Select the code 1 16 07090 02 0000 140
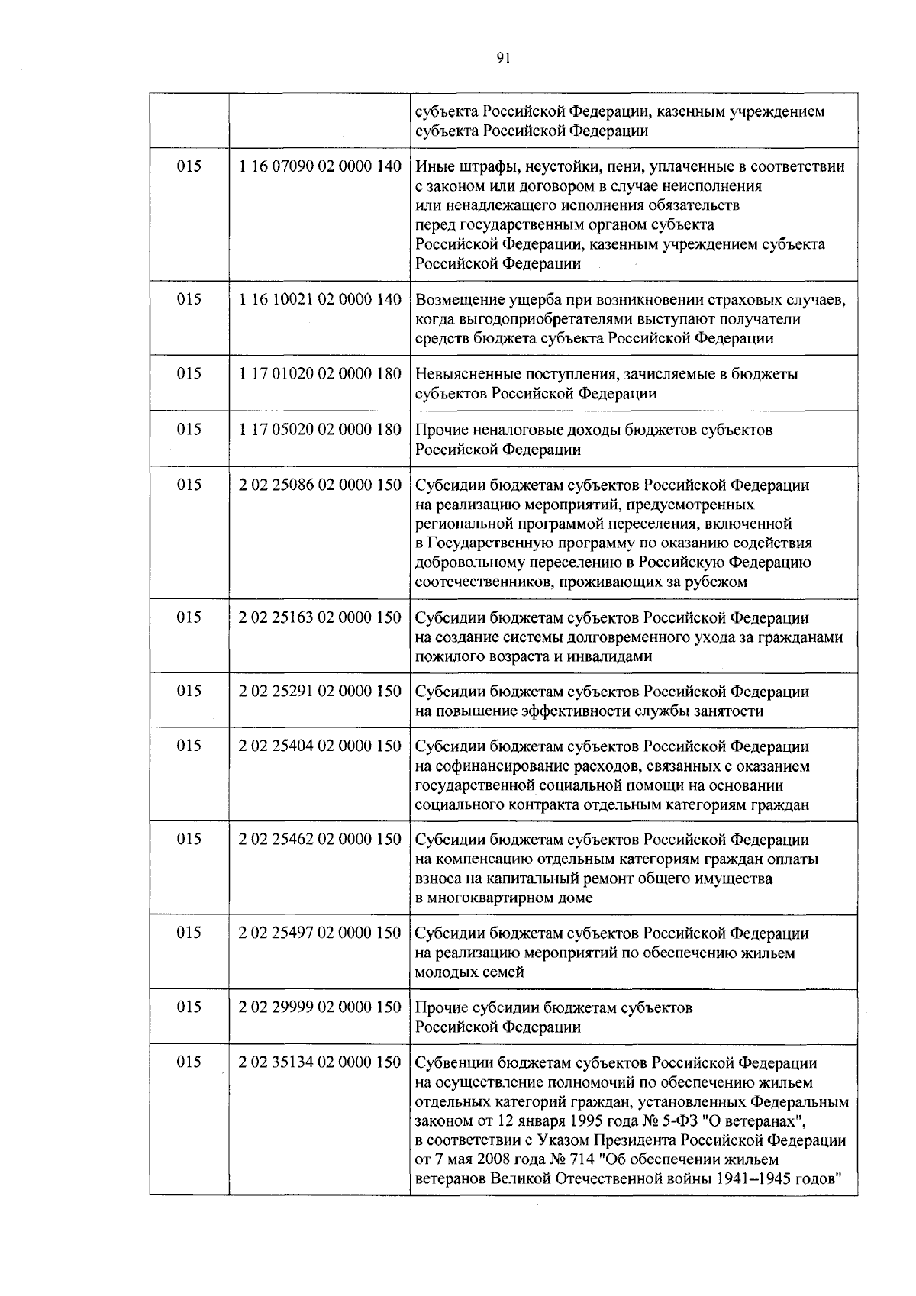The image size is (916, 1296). (320, 166)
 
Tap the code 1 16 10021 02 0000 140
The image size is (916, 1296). (320, 300)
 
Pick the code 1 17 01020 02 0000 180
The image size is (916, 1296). (320, 374)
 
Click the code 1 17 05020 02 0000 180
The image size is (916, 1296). (320, 430)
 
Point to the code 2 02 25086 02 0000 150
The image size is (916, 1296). (320, 485)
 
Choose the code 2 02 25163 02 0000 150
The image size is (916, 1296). (320, 617)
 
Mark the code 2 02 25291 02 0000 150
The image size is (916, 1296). (320, 692)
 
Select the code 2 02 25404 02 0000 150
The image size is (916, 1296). (320, 746)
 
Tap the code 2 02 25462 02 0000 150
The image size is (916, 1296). (320, 840)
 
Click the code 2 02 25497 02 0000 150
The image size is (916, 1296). (320, 933)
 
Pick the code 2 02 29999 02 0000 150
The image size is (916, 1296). (320, 1007)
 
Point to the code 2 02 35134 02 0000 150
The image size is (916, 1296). (320, 1062)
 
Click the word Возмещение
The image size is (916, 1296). (458, 300)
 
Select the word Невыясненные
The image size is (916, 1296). (465, 375)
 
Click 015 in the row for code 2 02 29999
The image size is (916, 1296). (189, 1007)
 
